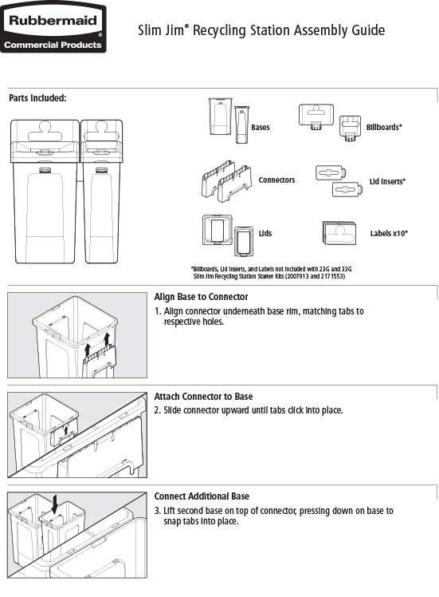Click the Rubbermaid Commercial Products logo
click(x=54, y=30)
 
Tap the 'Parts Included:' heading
click(x=37, y=98)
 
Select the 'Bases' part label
click(x=260, y=127)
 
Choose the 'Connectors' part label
click(x=276, y=180)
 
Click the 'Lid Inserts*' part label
click(x=387, y=182)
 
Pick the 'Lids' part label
click(x=265, y=233)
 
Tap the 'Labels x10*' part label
click(x=389, y=233)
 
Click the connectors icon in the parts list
click(x=225, y=182)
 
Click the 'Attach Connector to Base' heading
click(x=203, y=397)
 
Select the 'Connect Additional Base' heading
click(x=202, y=496)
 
